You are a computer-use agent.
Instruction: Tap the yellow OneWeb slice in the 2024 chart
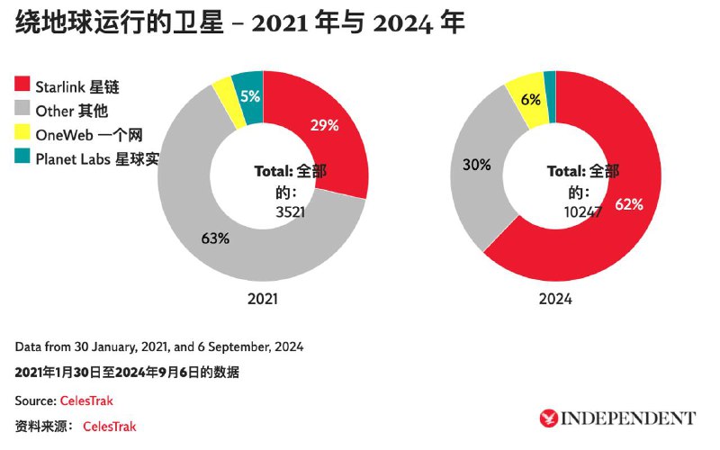coord(528,99)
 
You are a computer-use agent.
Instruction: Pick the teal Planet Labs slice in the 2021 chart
coord(249,97)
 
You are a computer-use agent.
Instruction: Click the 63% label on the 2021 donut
coord(215,238)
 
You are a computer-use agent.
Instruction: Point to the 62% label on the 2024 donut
coord(629,204)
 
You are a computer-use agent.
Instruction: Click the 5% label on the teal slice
coord(250,96)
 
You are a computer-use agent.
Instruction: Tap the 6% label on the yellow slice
coord(530,99)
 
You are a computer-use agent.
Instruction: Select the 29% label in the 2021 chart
coord(324,125)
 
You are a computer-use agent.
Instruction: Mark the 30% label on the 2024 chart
coord(477,165)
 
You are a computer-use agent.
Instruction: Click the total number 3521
coord(290,211)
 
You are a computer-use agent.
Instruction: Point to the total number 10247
coord(582,211)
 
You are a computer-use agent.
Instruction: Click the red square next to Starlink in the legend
coord(22,84)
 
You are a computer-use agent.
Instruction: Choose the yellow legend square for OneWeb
coord(22,131)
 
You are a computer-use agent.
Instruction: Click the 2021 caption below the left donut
coord(262,299)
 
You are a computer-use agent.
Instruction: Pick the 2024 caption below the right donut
coord(555,299)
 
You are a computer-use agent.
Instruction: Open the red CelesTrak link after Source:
coord(86,400)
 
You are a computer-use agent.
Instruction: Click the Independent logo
coord(617,418)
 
